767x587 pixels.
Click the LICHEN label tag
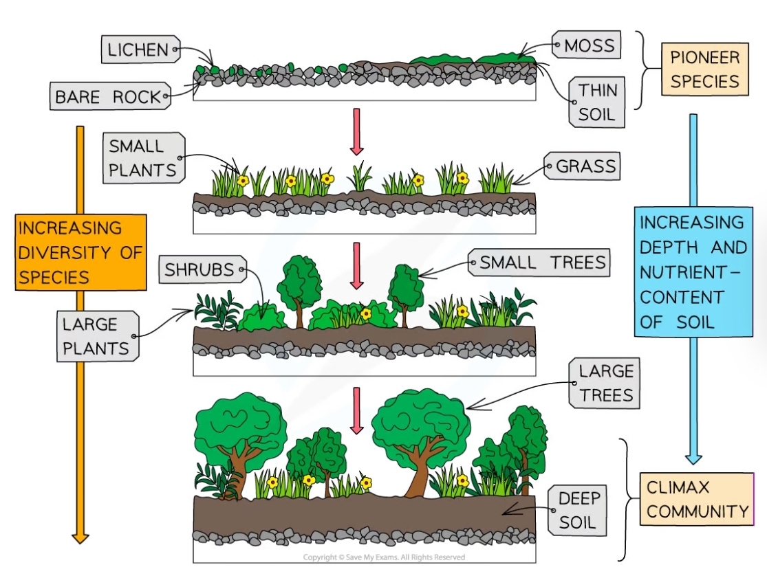pos(138,49)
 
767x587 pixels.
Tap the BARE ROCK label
pos(109,97)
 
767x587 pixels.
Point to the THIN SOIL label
pos(596,102)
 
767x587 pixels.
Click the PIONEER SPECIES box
pos(704,69)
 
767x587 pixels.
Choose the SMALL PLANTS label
pos(143,158)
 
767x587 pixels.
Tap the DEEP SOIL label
pos(580,510)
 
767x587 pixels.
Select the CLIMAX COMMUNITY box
pos(696,499)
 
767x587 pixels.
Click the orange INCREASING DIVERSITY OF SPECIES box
pos(80,252)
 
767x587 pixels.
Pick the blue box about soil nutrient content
pos(692,272)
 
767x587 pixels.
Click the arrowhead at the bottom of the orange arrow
pos(80,536)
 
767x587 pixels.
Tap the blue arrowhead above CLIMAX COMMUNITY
pos(693,457)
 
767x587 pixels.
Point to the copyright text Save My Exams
pos(384,557)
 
